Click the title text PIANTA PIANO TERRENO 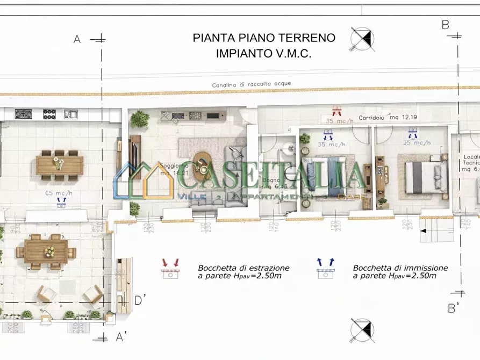click(x=264, y=38)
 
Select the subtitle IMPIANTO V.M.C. click(x=264, y=53)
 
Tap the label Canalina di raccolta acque click(x=252, y=84)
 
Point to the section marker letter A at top click(x=77, y=39)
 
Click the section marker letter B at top click(x=445, y=25)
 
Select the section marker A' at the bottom click(x=121, y=337)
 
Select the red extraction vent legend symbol click(x=170, y=270)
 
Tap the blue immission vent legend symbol click(x=325, y=269)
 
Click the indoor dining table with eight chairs click(x=59, y=165)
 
